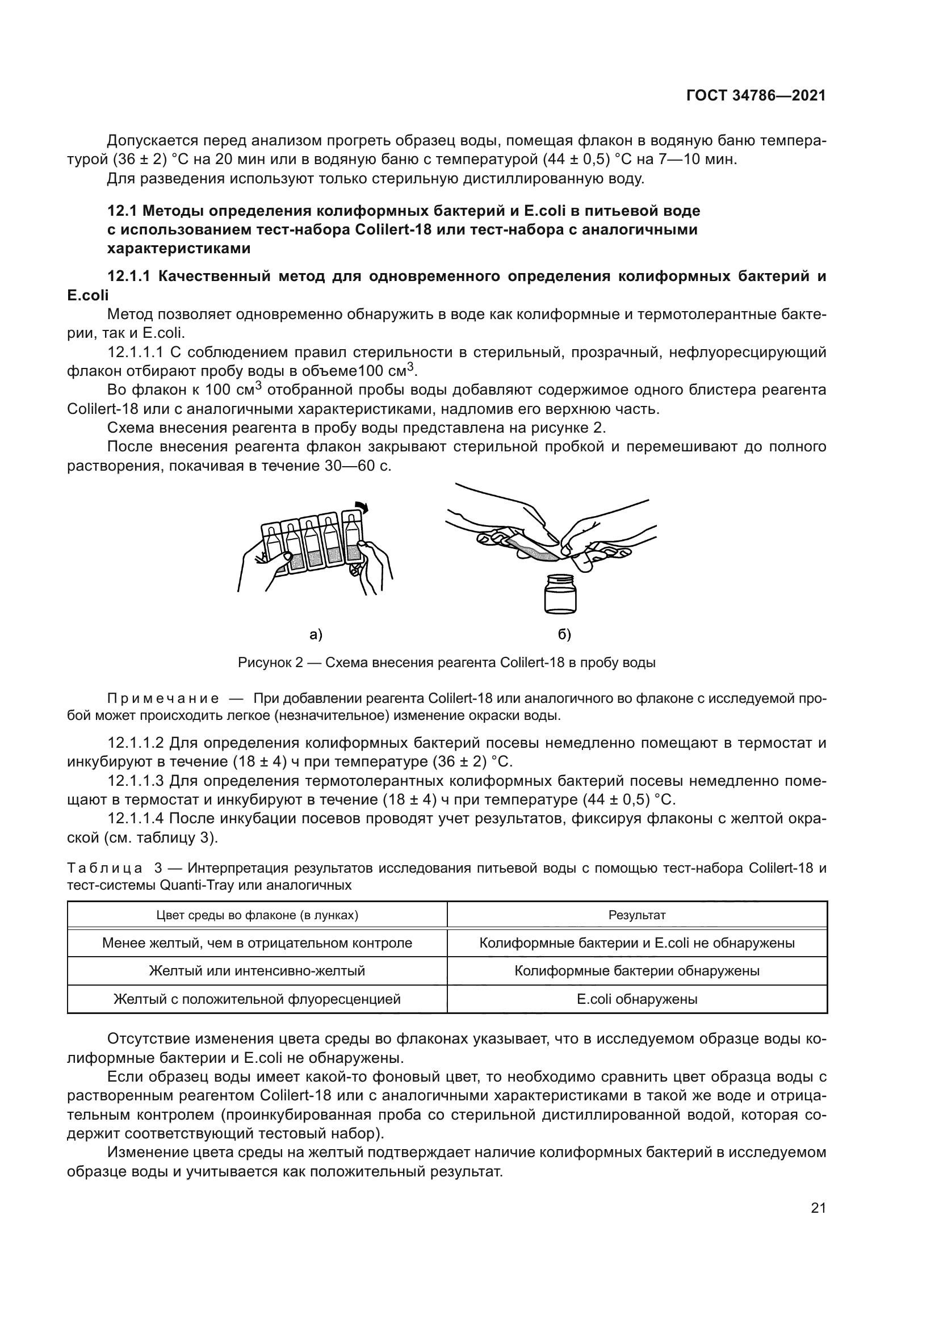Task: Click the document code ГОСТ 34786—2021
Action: point(756,96)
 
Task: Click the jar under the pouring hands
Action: point(560,594)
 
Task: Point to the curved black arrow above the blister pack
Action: point(362,506)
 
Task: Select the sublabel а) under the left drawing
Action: point(316,635)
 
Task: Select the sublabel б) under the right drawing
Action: point(564,635)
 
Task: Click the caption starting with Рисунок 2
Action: point(446,663)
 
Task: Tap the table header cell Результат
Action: point(637,915)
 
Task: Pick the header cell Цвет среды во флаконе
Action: point(257,915)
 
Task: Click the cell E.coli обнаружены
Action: point(637,999)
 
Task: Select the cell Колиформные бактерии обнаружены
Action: point(637,971)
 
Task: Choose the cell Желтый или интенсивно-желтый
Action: point(257,971)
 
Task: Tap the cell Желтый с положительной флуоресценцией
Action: point(257,999)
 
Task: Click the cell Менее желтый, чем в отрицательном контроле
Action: point(257,943)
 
